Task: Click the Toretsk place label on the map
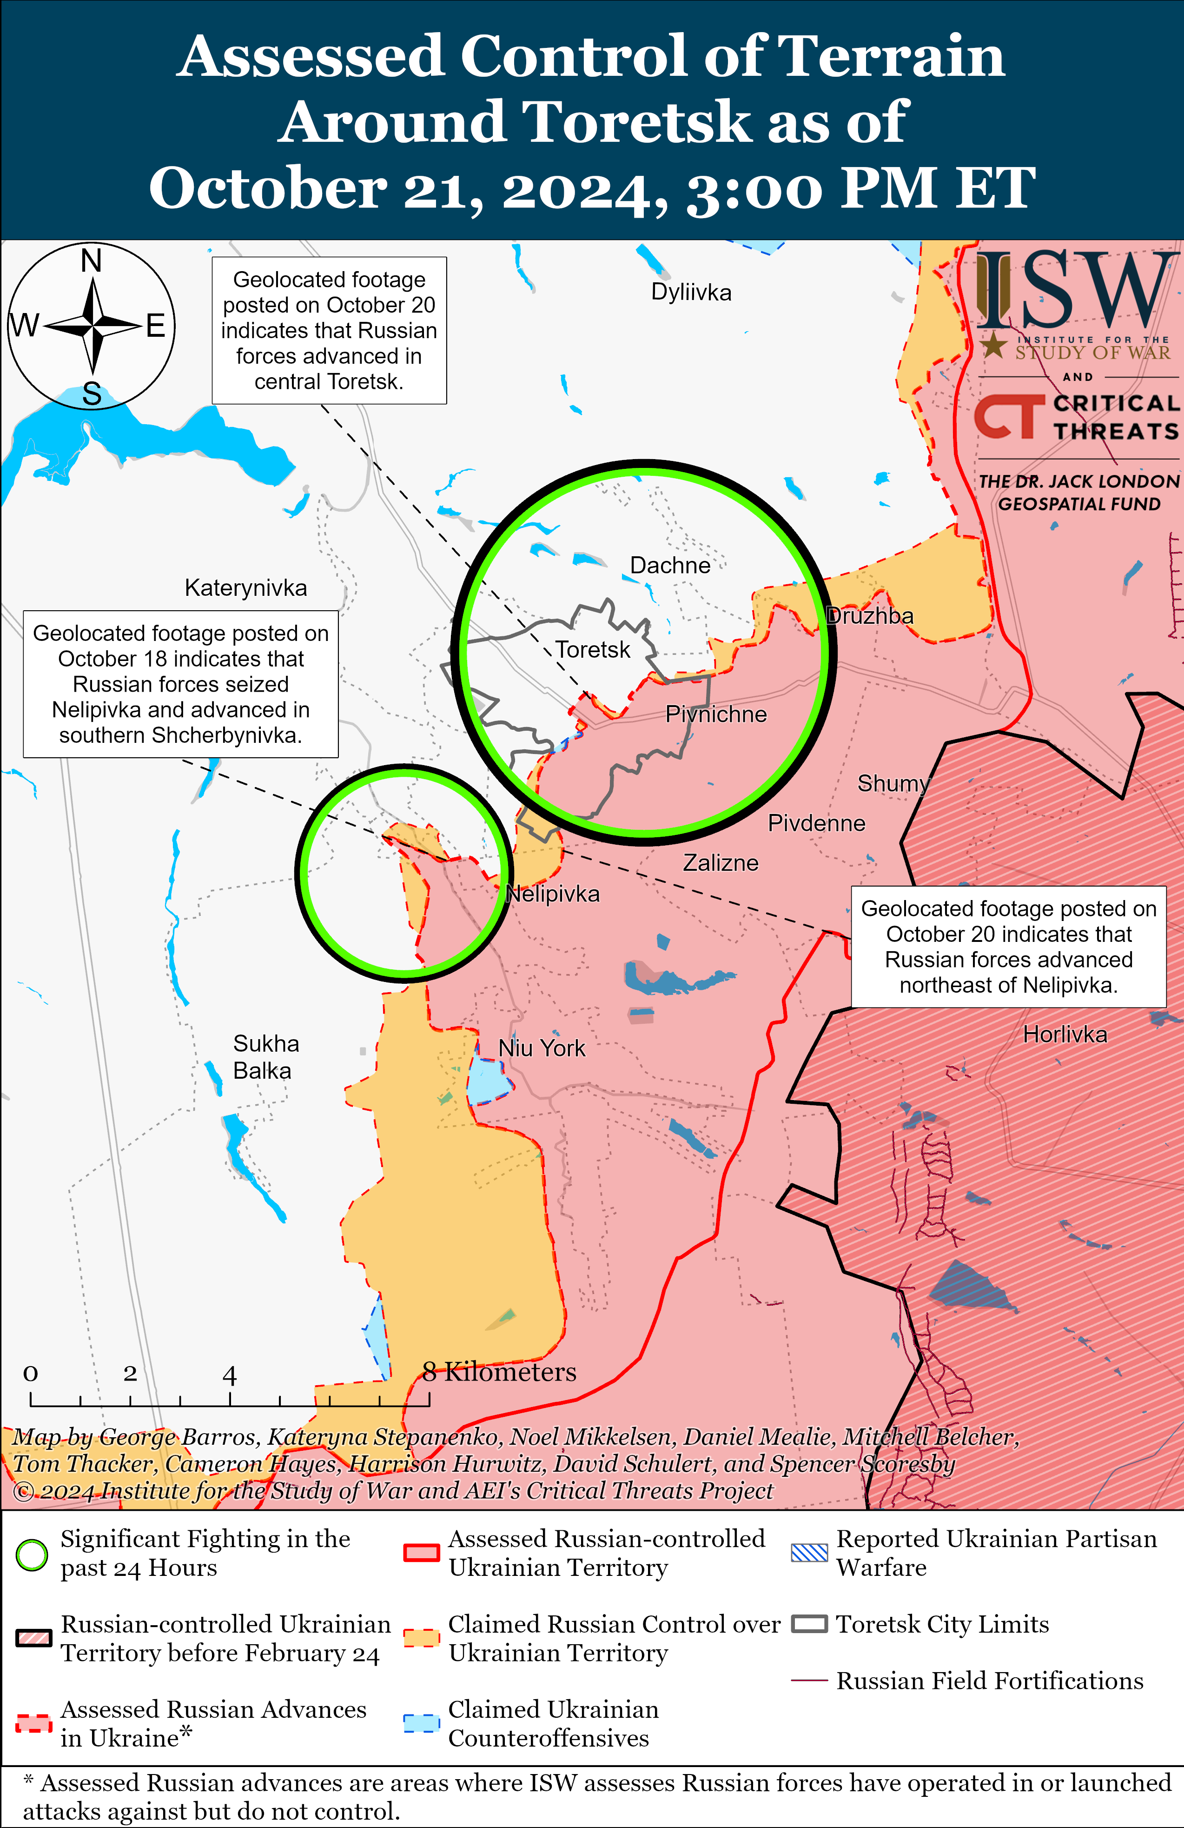tap(592, 650)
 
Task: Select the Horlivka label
tap(1065, 1034)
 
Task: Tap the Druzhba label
tap(869, 615)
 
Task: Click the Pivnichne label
tap(715, 714)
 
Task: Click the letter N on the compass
tap(92, 261)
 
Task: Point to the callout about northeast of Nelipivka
tap(1008, 946)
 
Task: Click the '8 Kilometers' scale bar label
tap(499, 1372)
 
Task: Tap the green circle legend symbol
tap(32, 1554)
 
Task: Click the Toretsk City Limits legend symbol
tap(809, 1624)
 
